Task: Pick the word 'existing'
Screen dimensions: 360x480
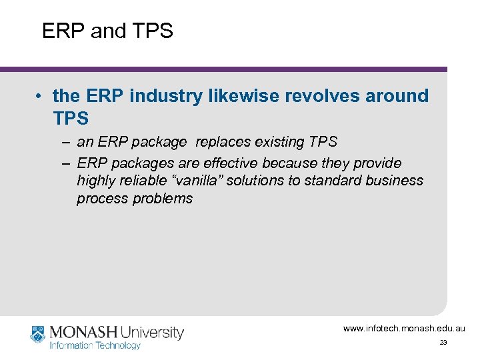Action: point(281,142)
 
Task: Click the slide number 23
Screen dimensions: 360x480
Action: point(443,343)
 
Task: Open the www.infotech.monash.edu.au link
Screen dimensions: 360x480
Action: point(404,328)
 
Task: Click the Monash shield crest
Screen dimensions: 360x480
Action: point(37,334)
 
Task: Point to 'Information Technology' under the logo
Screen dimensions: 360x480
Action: point(95,345)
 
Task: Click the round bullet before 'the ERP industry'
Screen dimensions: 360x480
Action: point(39,97)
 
